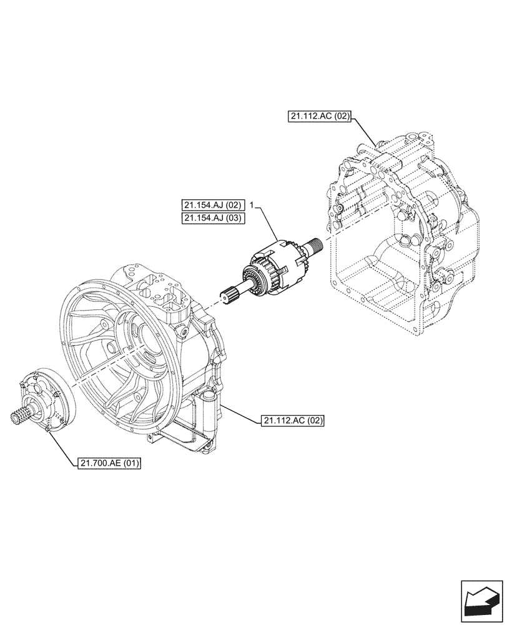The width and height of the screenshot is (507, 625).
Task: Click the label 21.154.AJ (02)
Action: (x=213, y=205)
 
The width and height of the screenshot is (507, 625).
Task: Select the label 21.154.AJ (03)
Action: (x=213, y=217)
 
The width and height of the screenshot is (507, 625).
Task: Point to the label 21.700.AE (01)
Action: (x=110, y=463)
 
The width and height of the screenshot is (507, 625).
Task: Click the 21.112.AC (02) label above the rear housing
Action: (x=320, y=116)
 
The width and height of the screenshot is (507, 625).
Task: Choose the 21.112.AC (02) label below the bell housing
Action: (x=293, y=421)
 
